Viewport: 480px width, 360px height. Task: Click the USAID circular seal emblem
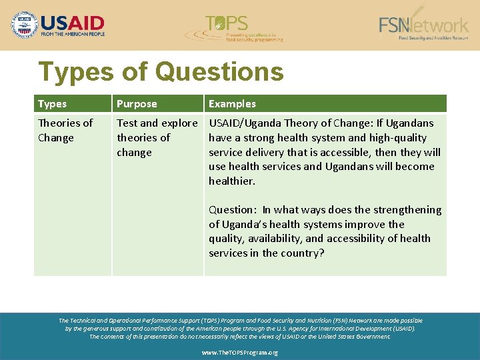tap(25, 25)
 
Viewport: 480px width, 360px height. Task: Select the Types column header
tap(52, 104)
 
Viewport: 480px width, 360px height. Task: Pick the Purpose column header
tap(137, 104)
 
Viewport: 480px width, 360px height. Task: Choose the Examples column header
tap(232, 104)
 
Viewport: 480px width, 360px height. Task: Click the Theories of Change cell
tap(65, 130)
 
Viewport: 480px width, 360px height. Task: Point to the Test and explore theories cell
tap(157, 137)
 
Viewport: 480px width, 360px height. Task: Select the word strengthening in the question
tap(409, 209)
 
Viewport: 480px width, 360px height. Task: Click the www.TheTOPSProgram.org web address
tap(240, 353)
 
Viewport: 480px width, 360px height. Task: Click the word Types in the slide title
tap(76, 71)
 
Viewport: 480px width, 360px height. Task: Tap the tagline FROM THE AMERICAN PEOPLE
tap(73, 33)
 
